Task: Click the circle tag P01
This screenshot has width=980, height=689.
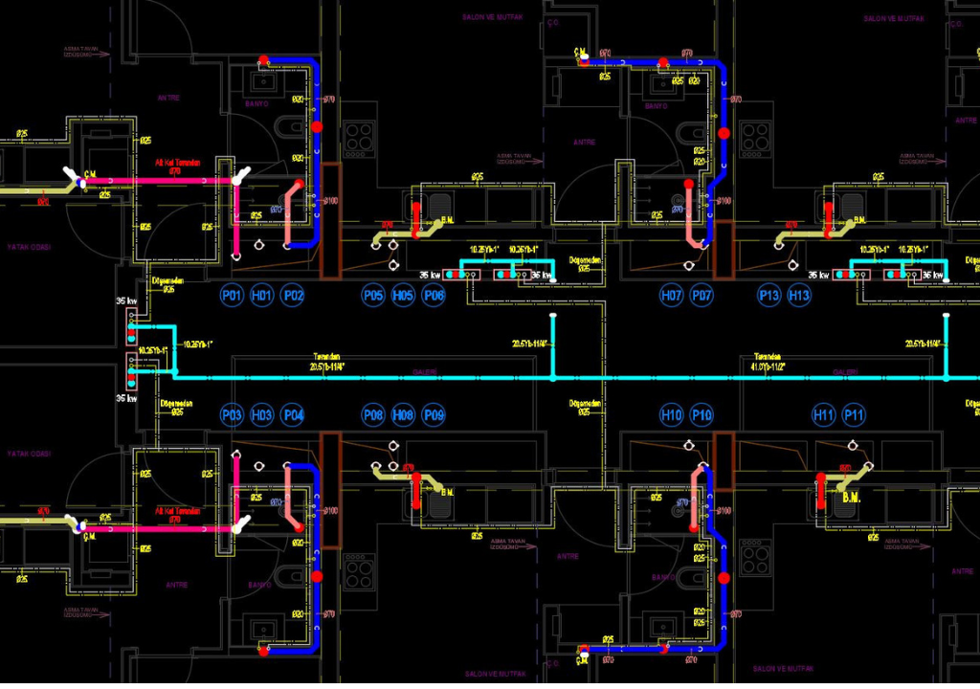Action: pyautogui.click(x=232, y=296)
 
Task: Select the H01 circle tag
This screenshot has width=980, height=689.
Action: pyautogui.click(x=262, y=296)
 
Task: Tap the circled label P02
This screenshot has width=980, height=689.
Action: pyautogui.click(x=293, y=296)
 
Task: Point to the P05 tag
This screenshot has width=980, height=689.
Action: pyautogui.click(x=373, y=296)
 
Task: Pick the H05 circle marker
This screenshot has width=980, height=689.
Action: pyautogui.click(x=404, y=296)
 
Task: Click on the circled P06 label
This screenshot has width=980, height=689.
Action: pyautogui.click(x=434, y=296)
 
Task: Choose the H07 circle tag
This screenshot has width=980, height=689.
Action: pyautogui.click(x=672, y=296)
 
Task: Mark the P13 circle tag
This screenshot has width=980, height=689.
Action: pyautogui.click(x=768, y=296)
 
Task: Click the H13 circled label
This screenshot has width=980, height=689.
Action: pyautogui.click(x=799, y=296)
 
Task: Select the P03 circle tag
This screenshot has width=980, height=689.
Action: pyautogui.click(x=232, y=414)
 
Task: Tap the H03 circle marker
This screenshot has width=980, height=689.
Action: pyautogui.click(x=262, y=414)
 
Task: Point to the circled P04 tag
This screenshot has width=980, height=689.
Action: pyautogui.click(x=293, y=414)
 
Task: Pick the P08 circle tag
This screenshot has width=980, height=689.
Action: pyautogui.click(x=373, y=414)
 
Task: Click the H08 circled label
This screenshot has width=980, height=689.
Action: pyautogui.click(x=404, y=414)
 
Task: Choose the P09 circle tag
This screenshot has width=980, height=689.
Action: pyautogui.click(x=434, y=414)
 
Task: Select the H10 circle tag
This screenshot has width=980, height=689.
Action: pyautogui.click(x=672, y=414)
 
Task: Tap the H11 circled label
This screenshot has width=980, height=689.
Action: pyautogui.click(x=823, y=414)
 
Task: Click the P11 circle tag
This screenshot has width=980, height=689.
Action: pyautogui.click(x=854, y=414)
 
